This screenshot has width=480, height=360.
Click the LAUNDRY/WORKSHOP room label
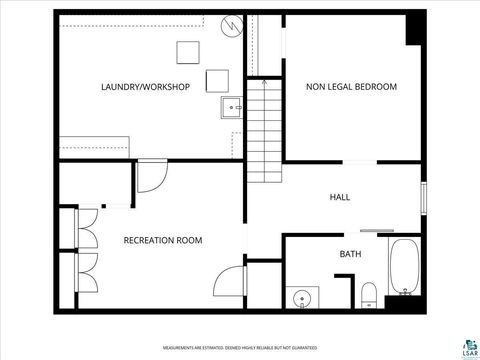coord(145,87)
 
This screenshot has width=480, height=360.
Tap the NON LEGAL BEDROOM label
coord(351,87)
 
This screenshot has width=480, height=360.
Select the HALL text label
coord(339,198)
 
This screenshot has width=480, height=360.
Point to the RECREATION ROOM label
coord(163,240)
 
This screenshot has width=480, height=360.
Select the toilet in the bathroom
coord(368,293)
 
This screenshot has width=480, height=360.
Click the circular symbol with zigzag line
coord(233,25)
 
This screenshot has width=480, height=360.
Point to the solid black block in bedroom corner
coord(413,30)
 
